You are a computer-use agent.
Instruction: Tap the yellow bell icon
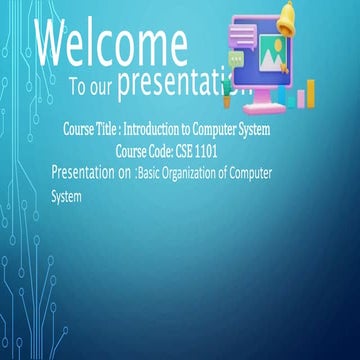pos(287,14)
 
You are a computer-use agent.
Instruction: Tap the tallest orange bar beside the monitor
pos(310,92)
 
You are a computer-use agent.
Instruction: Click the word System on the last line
pos(66,197)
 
